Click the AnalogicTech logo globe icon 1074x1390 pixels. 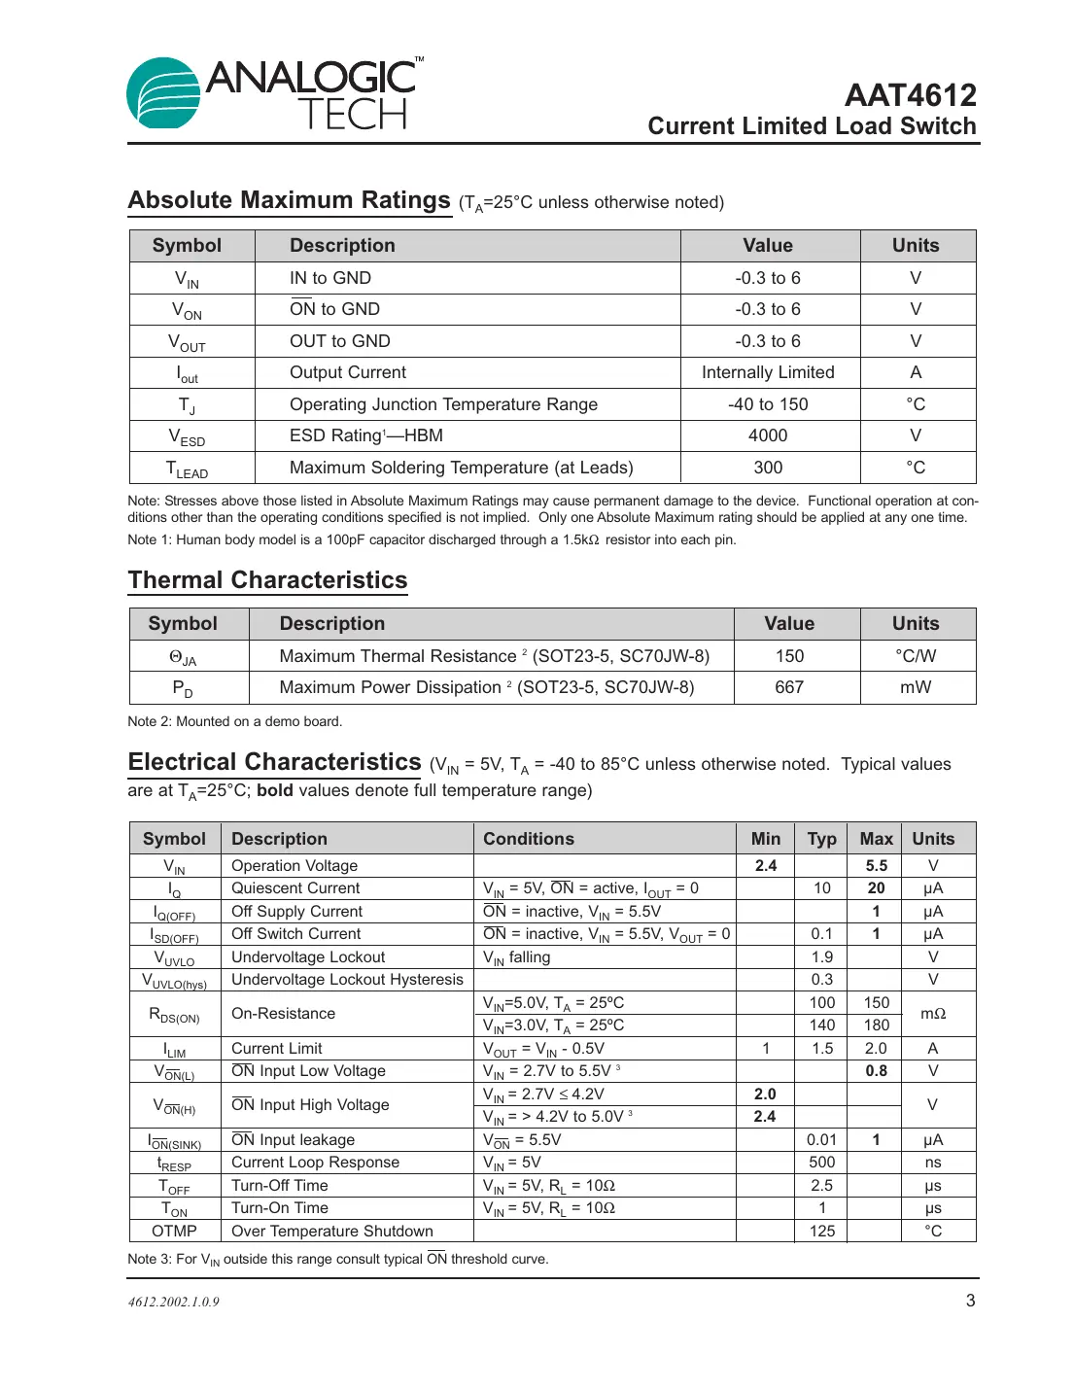[x=163, y=93]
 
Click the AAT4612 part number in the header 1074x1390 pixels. [x=910, y=95]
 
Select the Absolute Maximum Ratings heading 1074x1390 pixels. [x=290, y=200]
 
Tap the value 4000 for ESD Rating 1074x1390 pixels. [x=768, y=435]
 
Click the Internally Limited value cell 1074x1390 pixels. [x=768, y=372]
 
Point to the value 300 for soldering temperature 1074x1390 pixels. [x=768, y=468]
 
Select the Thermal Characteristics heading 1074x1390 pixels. [x=267, y=580]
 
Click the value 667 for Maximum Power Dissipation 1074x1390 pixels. [x=789, y=687]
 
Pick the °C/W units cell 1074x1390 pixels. [x=916, y=656]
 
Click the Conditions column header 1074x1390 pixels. [x=529, y=839]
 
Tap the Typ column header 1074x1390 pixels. [x=821, y=839]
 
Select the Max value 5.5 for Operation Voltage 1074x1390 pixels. [x=876, y=865]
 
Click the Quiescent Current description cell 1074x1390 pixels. [x=295, y=888]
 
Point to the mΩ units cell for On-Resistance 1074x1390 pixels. [x=933, y=1014]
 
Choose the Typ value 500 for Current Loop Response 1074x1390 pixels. [x=822, y=1163]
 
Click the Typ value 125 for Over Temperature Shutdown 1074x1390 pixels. [x=822, y=1231]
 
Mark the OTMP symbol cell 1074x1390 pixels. [x=175, y=1231]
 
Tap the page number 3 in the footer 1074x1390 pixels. [x=970, y=1301]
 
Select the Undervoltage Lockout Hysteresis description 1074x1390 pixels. [x=347, y=980]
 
